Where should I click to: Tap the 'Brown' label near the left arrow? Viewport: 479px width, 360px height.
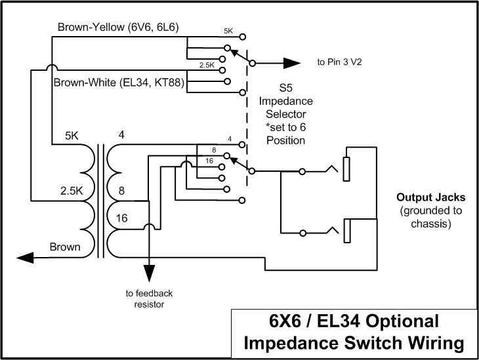pyautogui.click(x=66, y=247)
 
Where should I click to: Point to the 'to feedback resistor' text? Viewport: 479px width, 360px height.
pyautogui.click(x=150, y=298)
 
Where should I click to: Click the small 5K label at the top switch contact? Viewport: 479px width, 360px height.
pyautogui.click(x=228, y=31)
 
